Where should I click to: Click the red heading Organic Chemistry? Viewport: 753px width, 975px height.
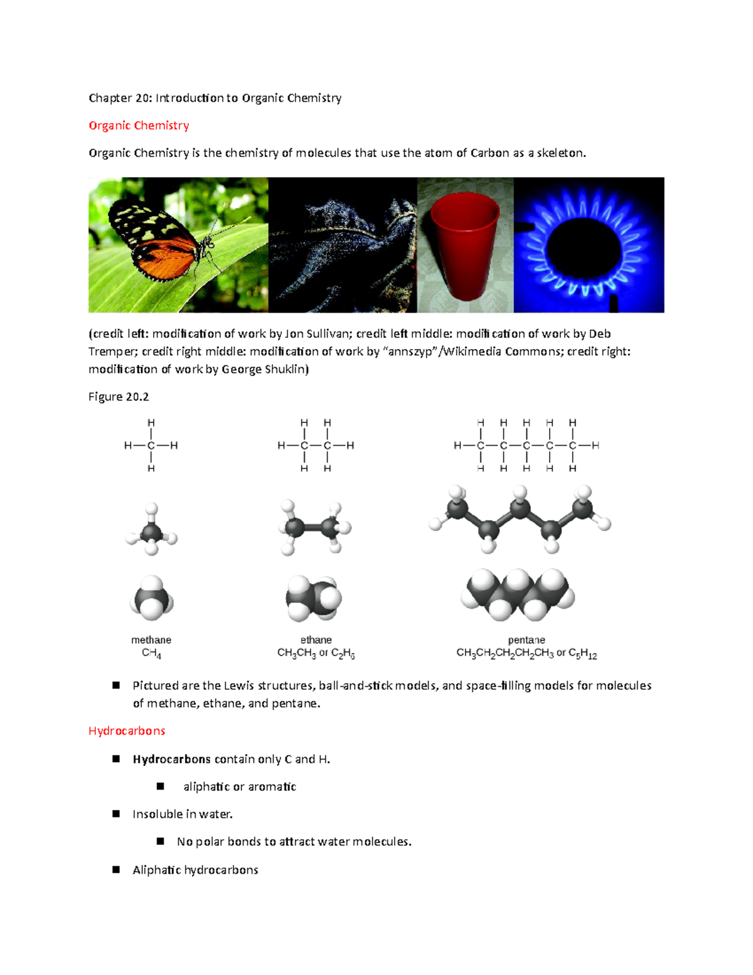coord(139,126)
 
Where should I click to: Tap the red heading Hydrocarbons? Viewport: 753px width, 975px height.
coord(127,731)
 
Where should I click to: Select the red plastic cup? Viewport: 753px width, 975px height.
coord(465,245)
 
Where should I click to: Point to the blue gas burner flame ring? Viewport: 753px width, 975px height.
coord(588,245)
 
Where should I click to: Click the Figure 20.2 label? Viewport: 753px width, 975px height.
coord(119,397)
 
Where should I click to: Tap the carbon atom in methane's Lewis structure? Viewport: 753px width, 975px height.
coord(151,446)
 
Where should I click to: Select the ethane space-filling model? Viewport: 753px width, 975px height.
coord(314,598)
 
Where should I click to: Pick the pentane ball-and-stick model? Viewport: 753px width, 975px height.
coord(520,519)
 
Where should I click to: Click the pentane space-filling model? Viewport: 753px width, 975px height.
coord(518,594)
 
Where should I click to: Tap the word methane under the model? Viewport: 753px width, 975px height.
coord(151,640)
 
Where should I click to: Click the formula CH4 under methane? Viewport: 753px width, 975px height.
coord(151,654)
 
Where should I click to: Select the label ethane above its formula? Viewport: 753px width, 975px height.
coord(316,640)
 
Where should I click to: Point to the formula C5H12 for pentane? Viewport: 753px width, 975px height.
coord(583,654)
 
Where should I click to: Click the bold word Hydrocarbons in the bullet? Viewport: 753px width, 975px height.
coord(171,759)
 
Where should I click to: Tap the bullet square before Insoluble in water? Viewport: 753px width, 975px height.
coord(116,814)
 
